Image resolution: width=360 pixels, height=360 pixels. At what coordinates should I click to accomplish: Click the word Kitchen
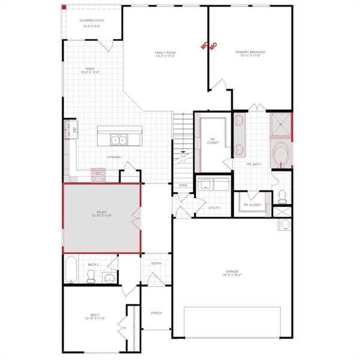pos(114,157)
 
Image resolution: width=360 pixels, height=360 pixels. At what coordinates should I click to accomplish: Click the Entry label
pos(157,263)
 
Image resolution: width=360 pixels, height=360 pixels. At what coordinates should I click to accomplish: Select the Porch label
pos(157,313)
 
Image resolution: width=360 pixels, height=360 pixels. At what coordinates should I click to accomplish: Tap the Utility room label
pos(214,208)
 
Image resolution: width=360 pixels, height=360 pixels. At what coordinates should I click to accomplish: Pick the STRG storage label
pos(183,185)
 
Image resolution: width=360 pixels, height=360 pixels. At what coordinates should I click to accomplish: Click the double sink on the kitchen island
pos(118,140)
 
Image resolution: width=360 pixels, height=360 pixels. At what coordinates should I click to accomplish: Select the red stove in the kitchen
pos(98,175)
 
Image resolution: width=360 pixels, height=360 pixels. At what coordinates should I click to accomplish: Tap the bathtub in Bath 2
pos(71,270)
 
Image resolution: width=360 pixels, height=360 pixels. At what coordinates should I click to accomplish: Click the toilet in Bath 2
pos(91,275)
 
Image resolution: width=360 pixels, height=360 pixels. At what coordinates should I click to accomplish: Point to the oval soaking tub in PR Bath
pos(281,154)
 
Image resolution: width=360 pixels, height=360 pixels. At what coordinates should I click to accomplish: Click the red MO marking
pos(208,46)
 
